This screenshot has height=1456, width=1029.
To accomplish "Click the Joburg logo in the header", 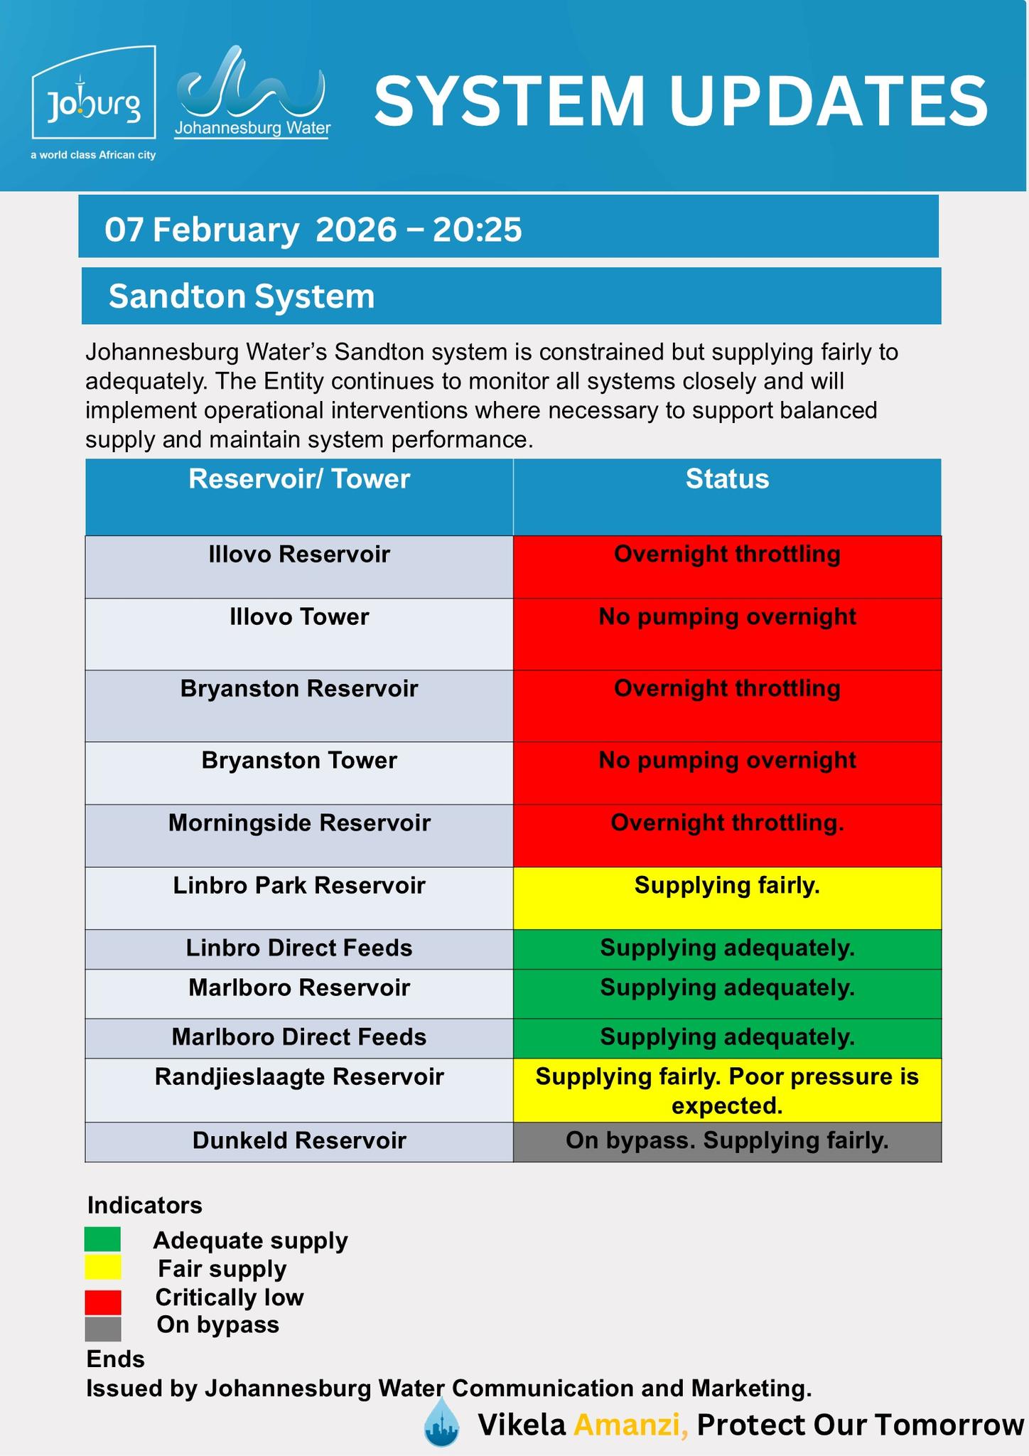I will coord(94,93).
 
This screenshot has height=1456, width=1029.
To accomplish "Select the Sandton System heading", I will coord(242,296).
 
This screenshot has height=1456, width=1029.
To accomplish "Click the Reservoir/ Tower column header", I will coord(299,479).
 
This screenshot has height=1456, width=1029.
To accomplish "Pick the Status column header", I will coord(727,479).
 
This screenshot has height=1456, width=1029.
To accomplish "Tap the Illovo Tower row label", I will coord(299,616).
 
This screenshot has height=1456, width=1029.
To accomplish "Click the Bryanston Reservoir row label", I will coord(299,688).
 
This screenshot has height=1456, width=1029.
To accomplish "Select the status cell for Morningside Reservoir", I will coord(727,835).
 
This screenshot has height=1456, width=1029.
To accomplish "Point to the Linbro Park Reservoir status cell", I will coord(727,897).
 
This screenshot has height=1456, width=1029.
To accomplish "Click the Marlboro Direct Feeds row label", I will coord(299,1037).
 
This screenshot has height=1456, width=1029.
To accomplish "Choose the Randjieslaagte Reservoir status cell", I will coord(727,1090).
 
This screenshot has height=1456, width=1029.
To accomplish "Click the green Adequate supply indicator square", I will coord(103,1239).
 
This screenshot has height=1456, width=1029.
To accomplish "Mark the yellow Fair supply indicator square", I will coord(103,1268).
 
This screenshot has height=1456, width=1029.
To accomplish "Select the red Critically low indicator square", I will coord(103,1302).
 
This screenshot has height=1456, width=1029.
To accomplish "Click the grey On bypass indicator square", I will coord(103,1329).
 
